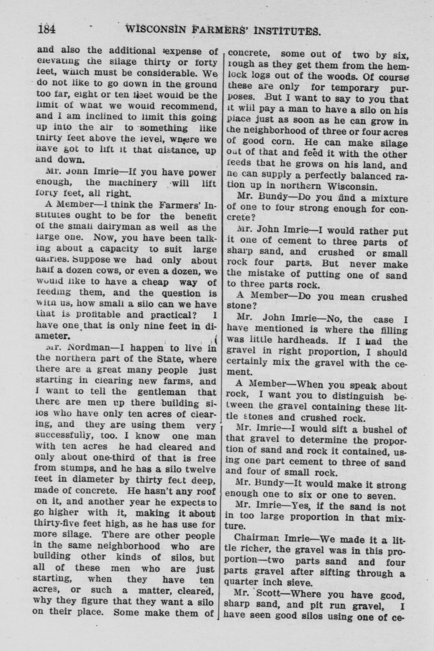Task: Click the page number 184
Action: click(x=47, y=30)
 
